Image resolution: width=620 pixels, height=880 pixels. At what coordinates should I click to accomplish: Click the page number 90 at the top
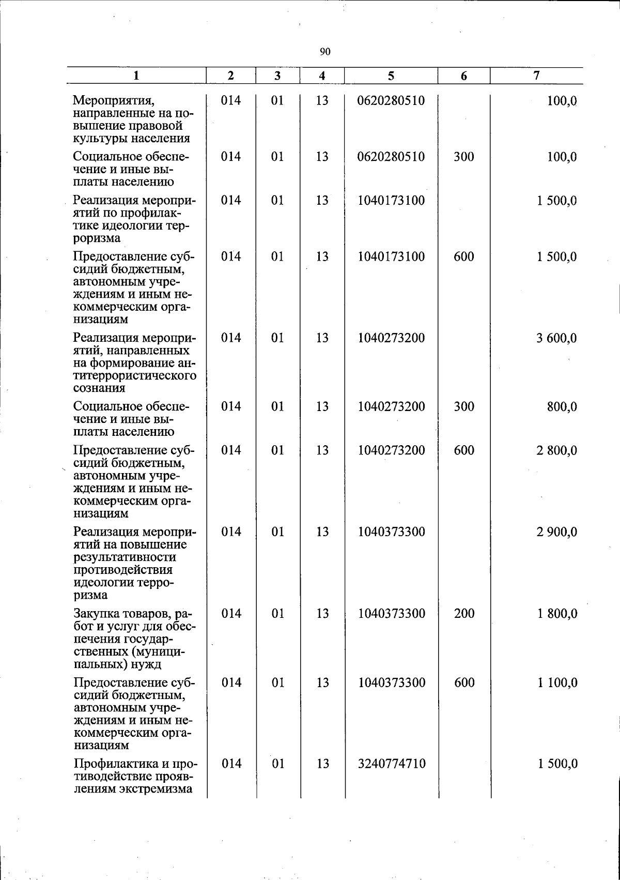click(x=325, y=51)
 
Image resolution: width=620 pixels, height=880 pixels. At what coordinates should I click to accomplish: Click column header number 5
click(x=391, y=76)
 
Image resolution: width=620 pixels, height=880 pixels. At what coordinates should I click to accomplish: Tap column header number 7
click(x=536, y=75)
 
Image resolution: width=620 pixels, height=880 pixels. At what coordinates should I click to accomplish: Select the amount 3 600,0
click(x=556, y=338)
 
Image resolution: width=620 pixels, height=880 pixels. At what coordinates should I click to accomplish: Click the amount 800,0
click(x=562, y=407)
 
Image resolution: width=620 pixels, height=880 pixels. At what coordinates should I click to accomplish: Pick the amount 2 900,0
click(x=556, y=532)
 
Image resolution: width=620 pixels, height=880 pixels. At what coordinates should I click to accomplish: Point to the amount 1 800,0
click(x=557, y=614)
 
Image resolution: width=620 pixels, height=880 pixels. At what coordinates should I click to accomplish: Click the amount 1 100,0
click(x=557, y=683)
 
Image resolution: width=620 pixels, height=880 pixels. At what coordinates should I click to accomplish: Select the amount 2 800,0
click(x=556, y=450)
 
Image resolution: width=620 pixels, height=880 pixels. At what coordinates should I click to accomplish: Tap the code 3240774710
click(x=392, y=764)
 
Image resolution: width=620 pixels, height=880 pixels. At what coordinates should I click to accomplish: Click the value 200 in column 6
click(x=464, y=614)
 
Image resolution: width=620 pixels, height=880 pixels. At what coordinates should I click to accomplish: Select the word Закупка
click(x=97, y=614)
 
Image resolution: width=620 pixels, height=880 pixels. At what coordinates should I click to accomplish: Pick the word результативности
click(x=125, y=557)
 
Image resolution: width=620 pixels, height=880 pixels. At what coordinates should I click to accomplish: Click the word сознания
click(x=99, y=388)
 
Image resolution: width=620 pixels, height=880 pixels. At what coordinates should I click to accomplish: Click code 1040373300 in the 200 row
click(x=392, y=614)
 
